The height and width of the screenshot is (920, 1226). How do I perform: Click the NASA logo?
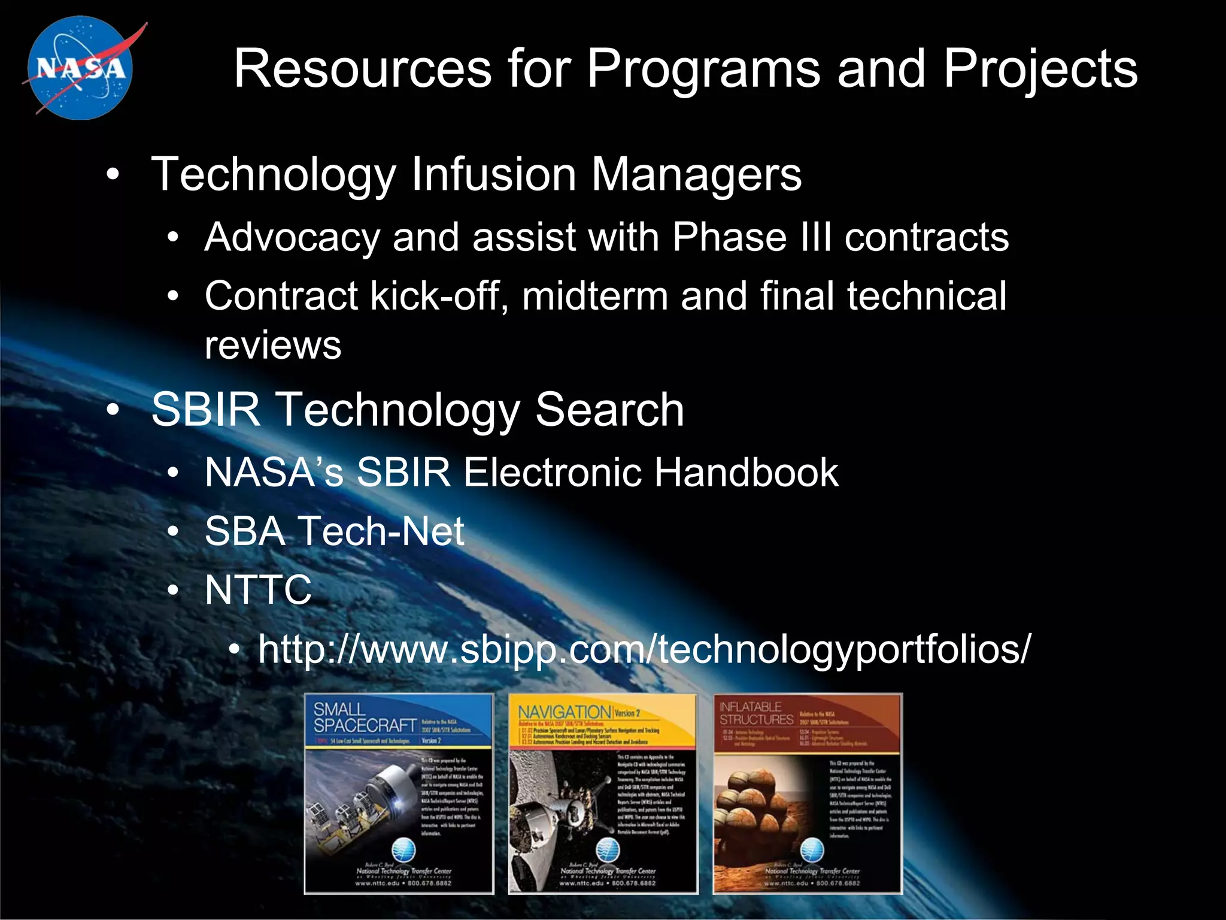pyautogui.click(x=80, y=68)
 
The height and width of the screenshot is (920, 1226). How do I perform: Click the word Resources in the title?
pyautogui.click(x=362, y=69)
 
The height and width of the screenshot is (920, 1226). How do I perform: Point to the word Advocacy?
pyautogui.click(x=292, y=238)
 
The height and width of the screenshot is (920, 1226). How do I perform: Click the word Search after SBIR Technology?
pyautogui.click(x=609, y=410)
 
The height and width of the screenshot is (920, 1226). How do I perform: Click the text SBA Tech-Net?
pyautogui.click(x=334, y=531)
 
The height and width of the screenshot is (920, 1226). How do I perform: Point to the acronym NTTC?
pyautogui.click(x=258, y=590)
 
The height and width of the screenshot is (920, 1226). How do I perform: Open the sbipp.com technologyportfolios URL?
pyautogui.click(x=644, y=649)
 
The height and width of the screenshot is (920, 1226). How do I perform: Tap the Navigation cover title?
pyautogui.click(x=563, y=712)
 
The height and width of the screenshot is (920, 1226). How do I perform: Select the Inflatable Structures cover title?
pyautogui.click(x=755, y=713)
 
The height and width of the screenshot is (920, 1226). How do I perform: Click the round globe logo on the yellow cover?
pyautogui.click(x=607, y=849)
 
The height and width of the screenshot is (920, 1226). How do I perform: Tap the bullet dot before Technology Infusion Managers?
pyautogui.click(x=113, y=175)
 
